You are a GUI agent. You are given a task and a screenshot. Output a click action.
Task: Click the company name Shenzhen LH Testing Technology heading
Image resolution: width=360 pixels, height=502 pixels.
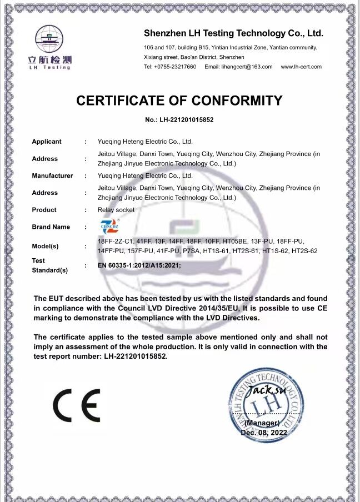pos(233,33)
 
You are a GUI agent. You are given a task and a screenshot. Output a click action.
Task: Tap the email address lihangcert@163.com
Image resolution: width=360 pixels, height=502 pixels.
pos(238,67)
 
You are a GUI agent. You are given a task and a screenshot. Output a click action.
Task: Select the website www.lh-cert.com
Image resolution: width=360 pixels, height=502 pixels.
pos(301,67)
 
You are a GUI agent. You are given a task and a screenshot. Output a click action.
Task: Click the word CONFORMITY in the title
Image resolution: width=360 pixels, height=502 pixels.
pos(237,101)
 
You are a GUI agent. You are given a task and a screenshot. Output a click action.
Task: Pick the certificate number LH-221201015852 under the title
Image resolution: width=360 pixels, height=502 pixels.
pos(179,119)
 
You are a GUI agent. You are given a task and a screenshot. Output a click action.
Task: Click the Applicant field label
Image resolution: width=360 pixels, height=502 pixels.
pos(47,142)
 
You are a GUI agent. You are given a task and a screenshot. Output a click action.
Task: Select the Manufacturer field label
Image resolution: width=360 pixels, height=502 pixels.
pos(52,175)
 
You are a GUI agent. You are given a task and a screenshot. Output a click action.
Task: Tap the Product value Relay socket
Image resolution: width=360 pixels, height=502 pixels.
pos(116,210)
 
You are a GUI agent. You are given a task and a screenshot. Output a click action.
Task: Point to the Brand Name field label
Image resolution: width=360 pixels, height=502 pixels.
pos(51,227)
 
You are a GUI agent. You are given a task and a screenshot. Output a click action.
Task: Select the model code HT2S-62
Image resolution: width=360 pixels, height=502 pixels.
pos(304,251)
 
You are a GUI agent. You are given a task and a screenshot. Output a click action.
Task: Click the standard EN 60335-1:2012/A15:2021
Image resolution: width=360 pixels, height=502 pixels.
pos(139,266)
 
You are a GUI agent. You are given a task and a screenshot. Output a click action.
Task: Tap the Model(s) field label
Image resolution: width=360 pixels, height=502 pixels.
pos(46,246)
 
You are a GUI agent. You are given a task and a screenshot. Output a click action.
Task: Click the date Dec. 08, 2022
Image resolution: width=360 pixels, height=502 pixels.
pos(264,432)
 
